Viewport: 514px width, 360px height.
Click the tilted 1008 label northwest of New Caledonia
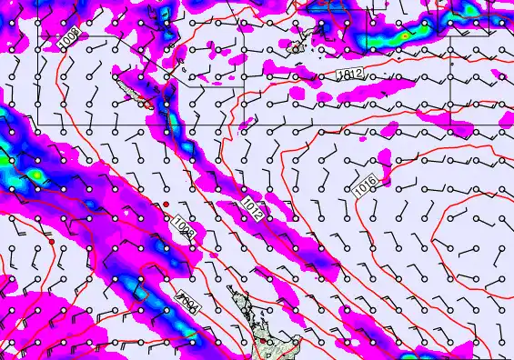[69, 41]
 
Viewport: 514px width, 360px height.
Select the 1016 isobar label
[365, 185]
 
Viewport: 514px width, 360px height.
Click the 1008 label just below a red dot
[183, 226]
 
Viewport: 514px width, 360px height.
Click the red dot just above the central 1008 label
[166, 203]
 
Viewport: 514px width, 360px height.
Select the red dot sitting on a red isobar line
[54, 244]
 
